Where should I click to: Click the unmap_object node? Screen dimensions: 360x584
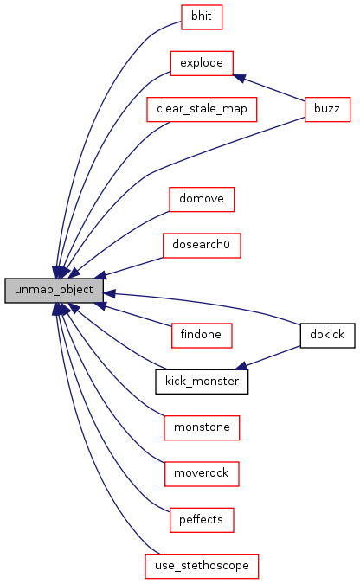pos(54,290)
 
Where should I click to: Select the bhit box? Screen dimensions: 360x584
pos(202,17)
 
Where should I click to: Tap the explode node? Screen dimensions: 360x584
pos(202,63)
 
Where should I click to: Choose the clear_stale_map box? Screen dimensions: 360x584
pos(202,110)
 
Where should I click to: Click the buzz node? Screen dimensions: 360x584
pos(327,110)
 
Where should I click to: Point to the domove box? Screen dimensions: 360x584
pos(202,199)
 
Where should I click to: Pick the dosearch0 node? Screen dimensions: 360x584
pos(202,246)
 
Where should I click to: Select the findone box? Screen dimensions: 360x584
pos(202,336)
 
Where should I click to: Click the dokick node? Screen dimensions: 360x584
pos(327,336)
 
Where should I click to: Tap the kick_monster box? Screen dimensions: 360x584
pos(202,382)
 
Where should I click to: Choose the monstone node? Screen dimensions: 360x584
pos(202,428)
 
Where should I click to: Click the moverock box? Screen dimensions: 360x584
pos(202,474)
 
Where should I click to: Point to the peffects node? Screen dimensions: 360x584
pos(202,520)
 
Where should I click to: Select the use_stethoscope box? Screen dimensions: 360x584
pos(202,567)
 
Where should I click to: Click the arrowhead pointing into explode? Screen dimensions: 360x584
pos(239,78)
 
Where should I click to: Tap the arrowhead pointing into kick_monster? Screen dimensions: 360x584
pos(241,366)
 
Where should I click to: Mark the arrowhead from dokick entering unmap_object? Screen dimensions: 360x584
pos(109,294)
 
